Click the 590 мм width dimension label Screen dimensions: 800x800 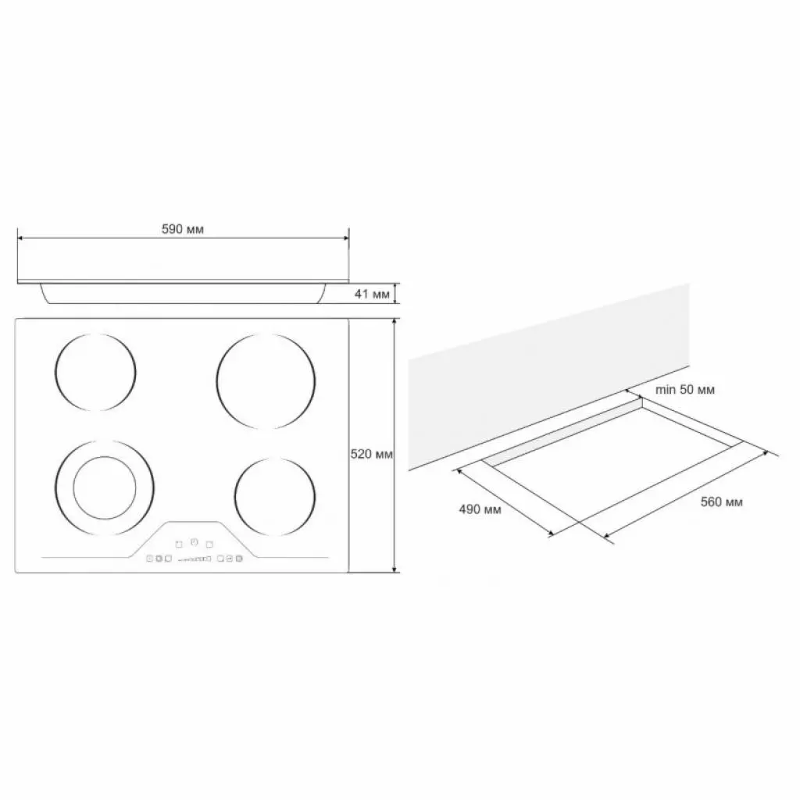(183, 229)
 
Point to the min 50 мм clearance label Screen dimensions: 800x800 (685, 389)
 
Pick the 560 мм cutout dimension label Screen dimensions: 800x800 (721, 502)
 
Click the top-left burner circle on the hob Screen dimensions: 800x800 (96, 372)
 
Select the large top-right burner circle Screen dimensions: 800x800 (266, 380)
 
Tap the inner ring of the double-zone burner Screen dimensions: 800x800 (104, 485)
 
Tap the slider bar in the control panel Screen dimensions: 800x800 (194, 559)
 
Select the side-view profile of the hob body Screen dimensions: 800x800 (183, 292)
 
